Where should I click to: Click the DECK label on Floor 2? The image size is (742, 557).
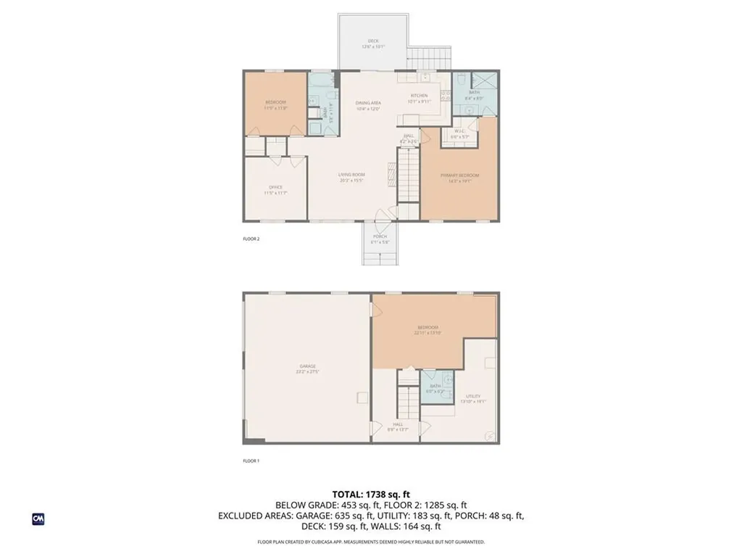[x=373, y=41]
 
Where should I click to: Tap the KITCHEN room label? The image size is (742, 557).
[x=419, y=96]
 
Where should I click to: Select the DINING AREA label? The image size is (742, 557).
[x=368, y=103]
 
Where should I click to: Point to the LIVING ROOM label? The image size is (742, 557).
[x=351, y=175]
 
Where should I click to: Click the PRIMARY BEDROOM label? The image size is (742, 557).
[x=459, y=175]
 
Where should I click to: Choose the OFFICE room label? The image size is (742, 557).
[x=275, y=188]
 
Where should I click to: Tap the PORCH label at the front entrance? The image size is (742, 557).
[x=380, y=236]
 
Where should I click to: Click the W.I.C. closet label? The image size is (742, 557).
[x=459, y=131]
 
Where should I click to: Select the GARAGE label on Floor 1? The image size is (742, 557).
[x=308, y=366]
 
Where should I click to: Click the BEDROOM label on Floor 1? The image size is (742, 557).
[x=429, y=327]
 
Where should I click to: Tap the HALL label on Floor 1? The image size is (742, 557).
[x=398, y=425]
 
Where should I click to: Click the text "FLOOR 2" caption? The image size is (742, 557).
[x=251, y=238]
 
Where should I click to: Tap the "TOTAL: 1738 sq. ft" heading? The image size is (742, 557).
[x=370, y=494]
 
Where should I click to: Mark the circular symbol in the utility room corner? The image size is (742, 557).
[x=490, y=436]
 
